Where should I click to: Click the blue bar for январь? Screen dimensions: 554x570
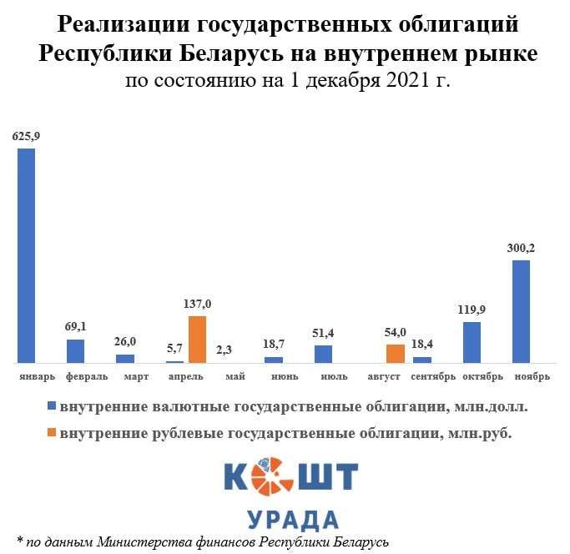pos(27,255)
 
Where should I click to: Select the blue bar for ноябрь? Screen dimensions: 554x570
pos(521,311)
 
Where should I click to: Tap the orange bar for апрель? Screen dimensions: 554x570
pos(197,339)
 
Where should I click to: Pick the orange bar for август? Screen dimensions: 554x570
pos(396,353)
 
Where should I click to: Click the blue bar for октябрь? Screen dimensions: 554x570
pos(472,342)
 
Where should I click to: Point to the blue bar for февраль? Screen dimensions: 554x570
pos(76,350)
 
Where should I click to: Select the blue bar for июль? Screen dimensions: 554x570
pos(324,354)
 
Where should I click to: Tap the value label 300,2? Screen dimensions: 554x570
pos(522,248)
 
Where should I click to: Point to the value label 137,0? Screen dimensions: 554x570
pos(197,304)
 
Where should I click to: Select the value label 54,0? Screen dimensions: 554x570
pos(396,332)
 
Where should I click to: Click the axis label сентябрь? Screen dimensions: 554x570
pos(433,377)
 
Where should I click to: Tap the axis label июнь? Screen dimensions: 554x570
pos(285,377)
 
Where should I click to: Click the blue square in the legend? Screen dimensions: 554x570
pos(52,407)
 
